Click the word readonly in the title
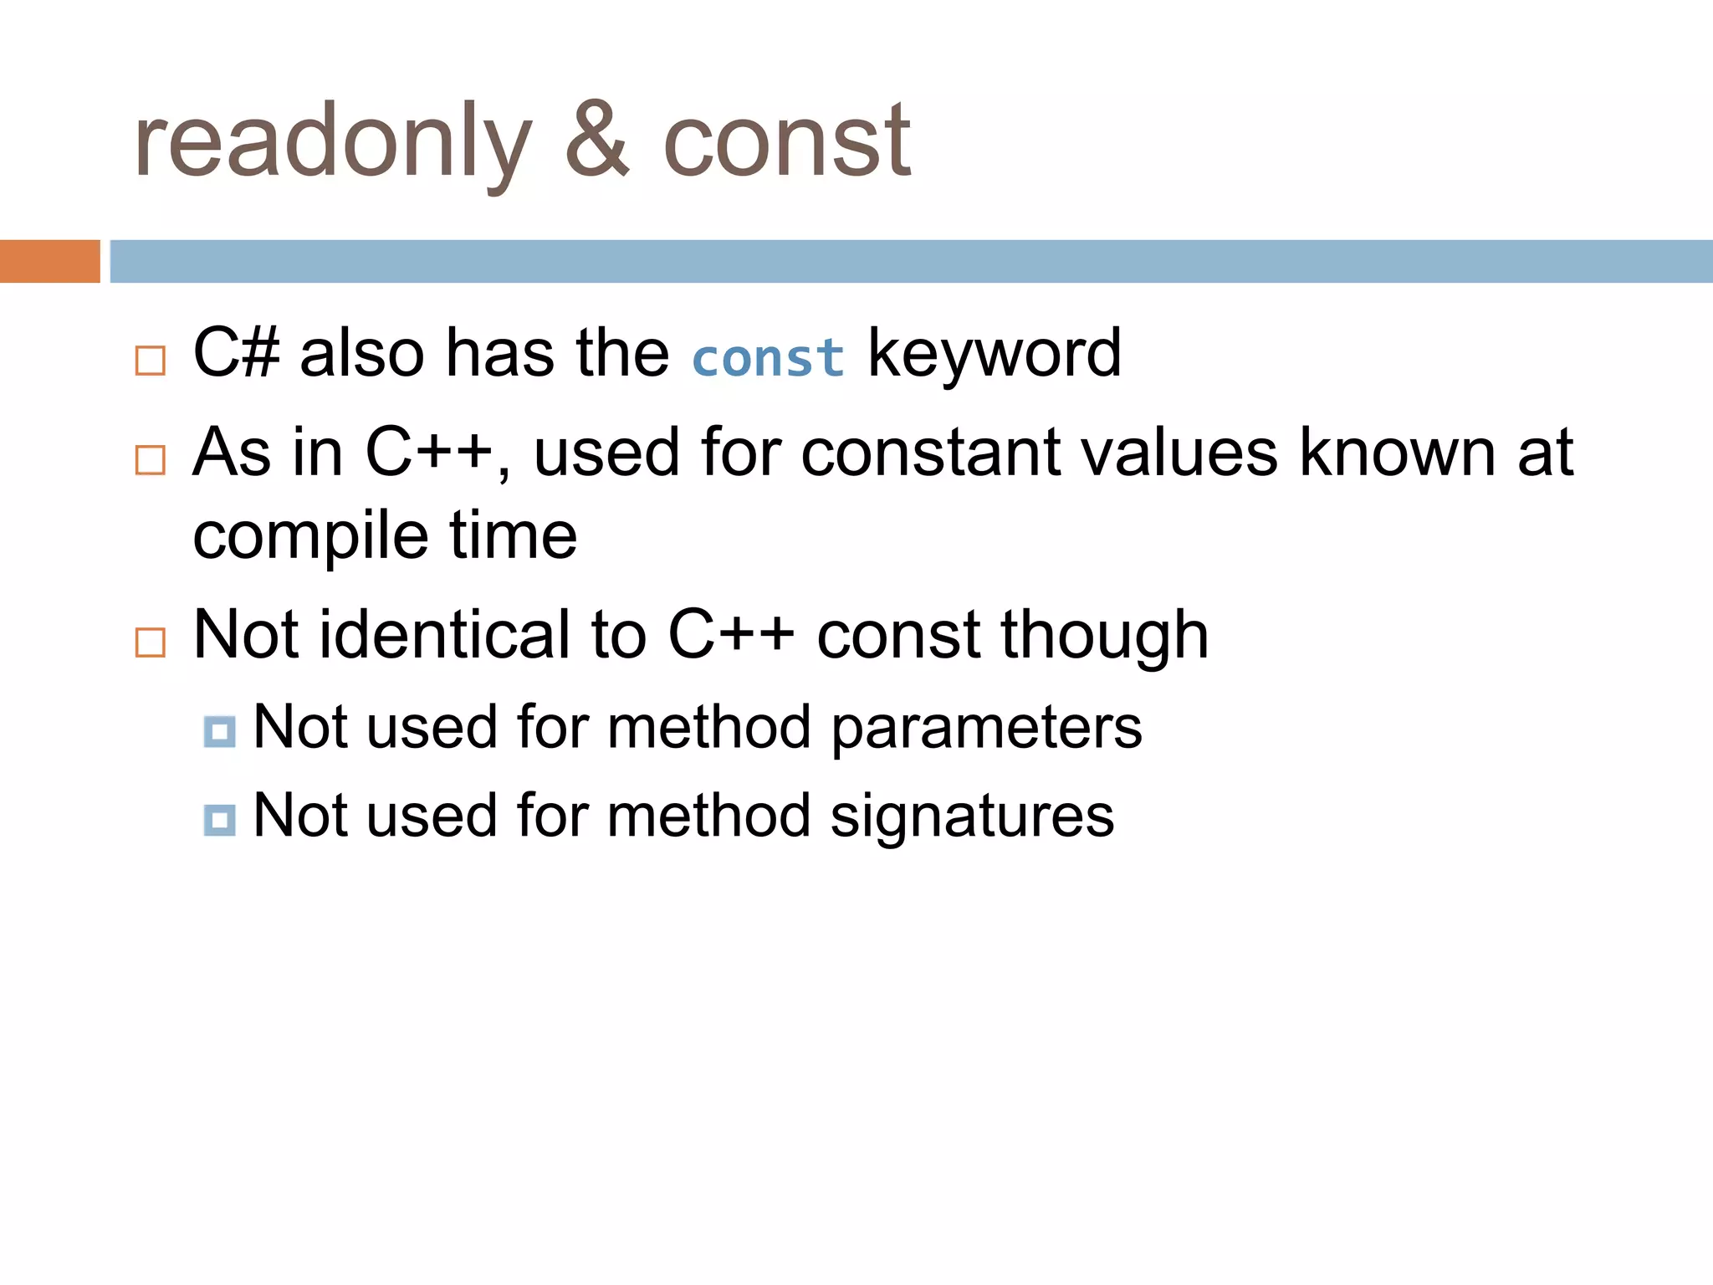click(332, 142)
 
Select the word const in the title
click(786, 142)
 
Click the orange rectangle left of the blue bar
click(49, 261)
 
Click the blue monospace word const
click(768, 357)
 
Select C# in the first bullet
click(236, 353)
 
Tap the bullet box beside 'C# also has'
click(151, 361)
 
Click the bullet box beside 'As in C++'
click(151, 460)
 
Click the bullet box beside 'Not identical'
click(151, 642)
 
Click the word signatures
click(972, 817)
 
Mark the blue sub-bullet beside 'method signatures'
click(219, 820)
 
